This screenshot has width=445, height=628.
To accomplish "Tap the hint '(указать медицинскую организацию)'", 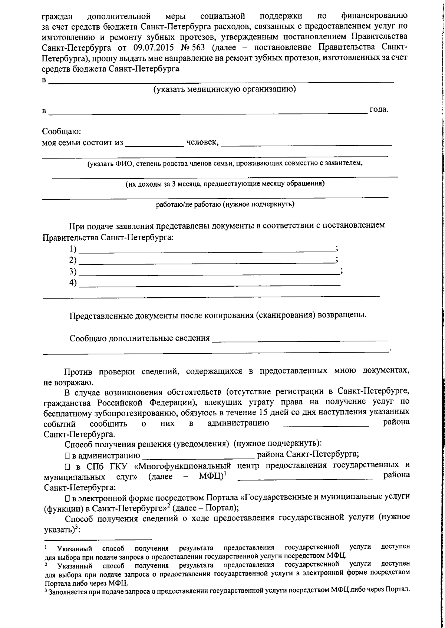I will (225, 89).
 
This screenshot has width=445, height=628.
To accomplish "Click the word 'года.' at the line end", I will (379, 110).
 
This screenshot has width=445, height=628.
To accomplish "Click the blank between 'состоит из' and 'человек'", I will (154, 143).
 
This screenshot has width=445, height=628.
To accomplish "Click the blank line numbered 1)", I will (207, 249).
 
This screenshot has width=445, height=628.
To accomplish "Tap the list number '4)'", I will (73, 283).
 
